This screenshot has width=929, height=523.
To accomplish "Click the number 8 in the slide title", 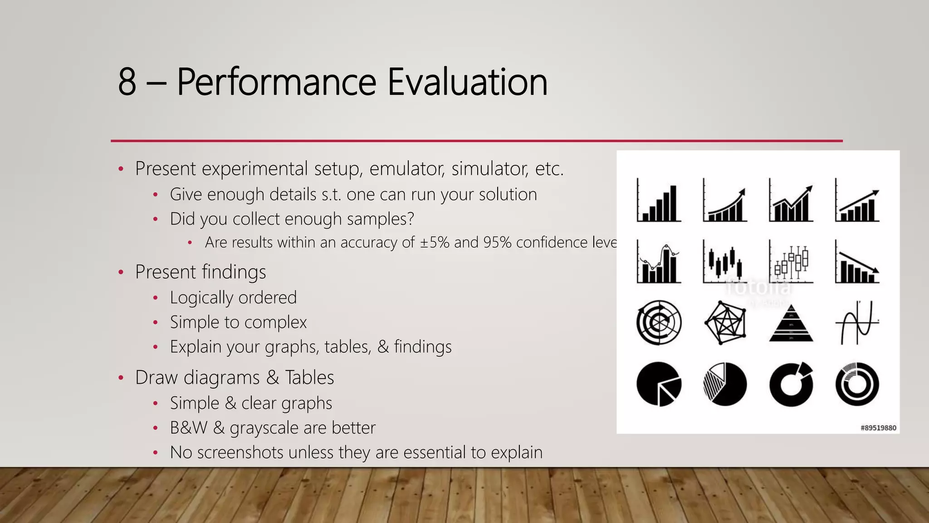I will click(x=127, y=82).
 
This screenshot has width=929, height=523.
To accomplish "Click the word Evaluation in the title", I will click(x=467, y=82).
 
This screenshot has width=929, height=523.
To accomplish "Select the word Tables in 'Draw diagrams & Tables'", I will click(x=309, y=378).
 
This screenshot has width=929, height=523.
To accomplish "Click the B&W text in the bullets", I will click(x=188, y=428).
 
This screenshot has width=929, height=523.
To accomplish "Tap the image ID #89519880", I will click(x=878, y=428).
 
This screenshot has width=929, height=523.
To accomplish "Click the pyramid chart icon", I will click(x=791, y=323).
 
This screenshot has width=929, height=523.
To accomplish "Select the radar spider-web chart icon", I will click(x=725, y=323).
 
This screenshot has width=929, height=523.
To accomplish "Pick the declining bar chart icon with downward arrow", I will click(x=857, y=262).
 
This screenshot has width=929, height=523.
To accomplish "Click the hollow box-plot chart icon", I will click(x=791, y=262).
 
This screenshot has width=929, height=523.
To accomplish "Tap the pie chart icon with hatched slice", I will click(x=725, y=384).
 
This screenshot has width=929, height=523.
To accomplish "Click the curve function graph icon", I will click(x=857, y=323).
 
